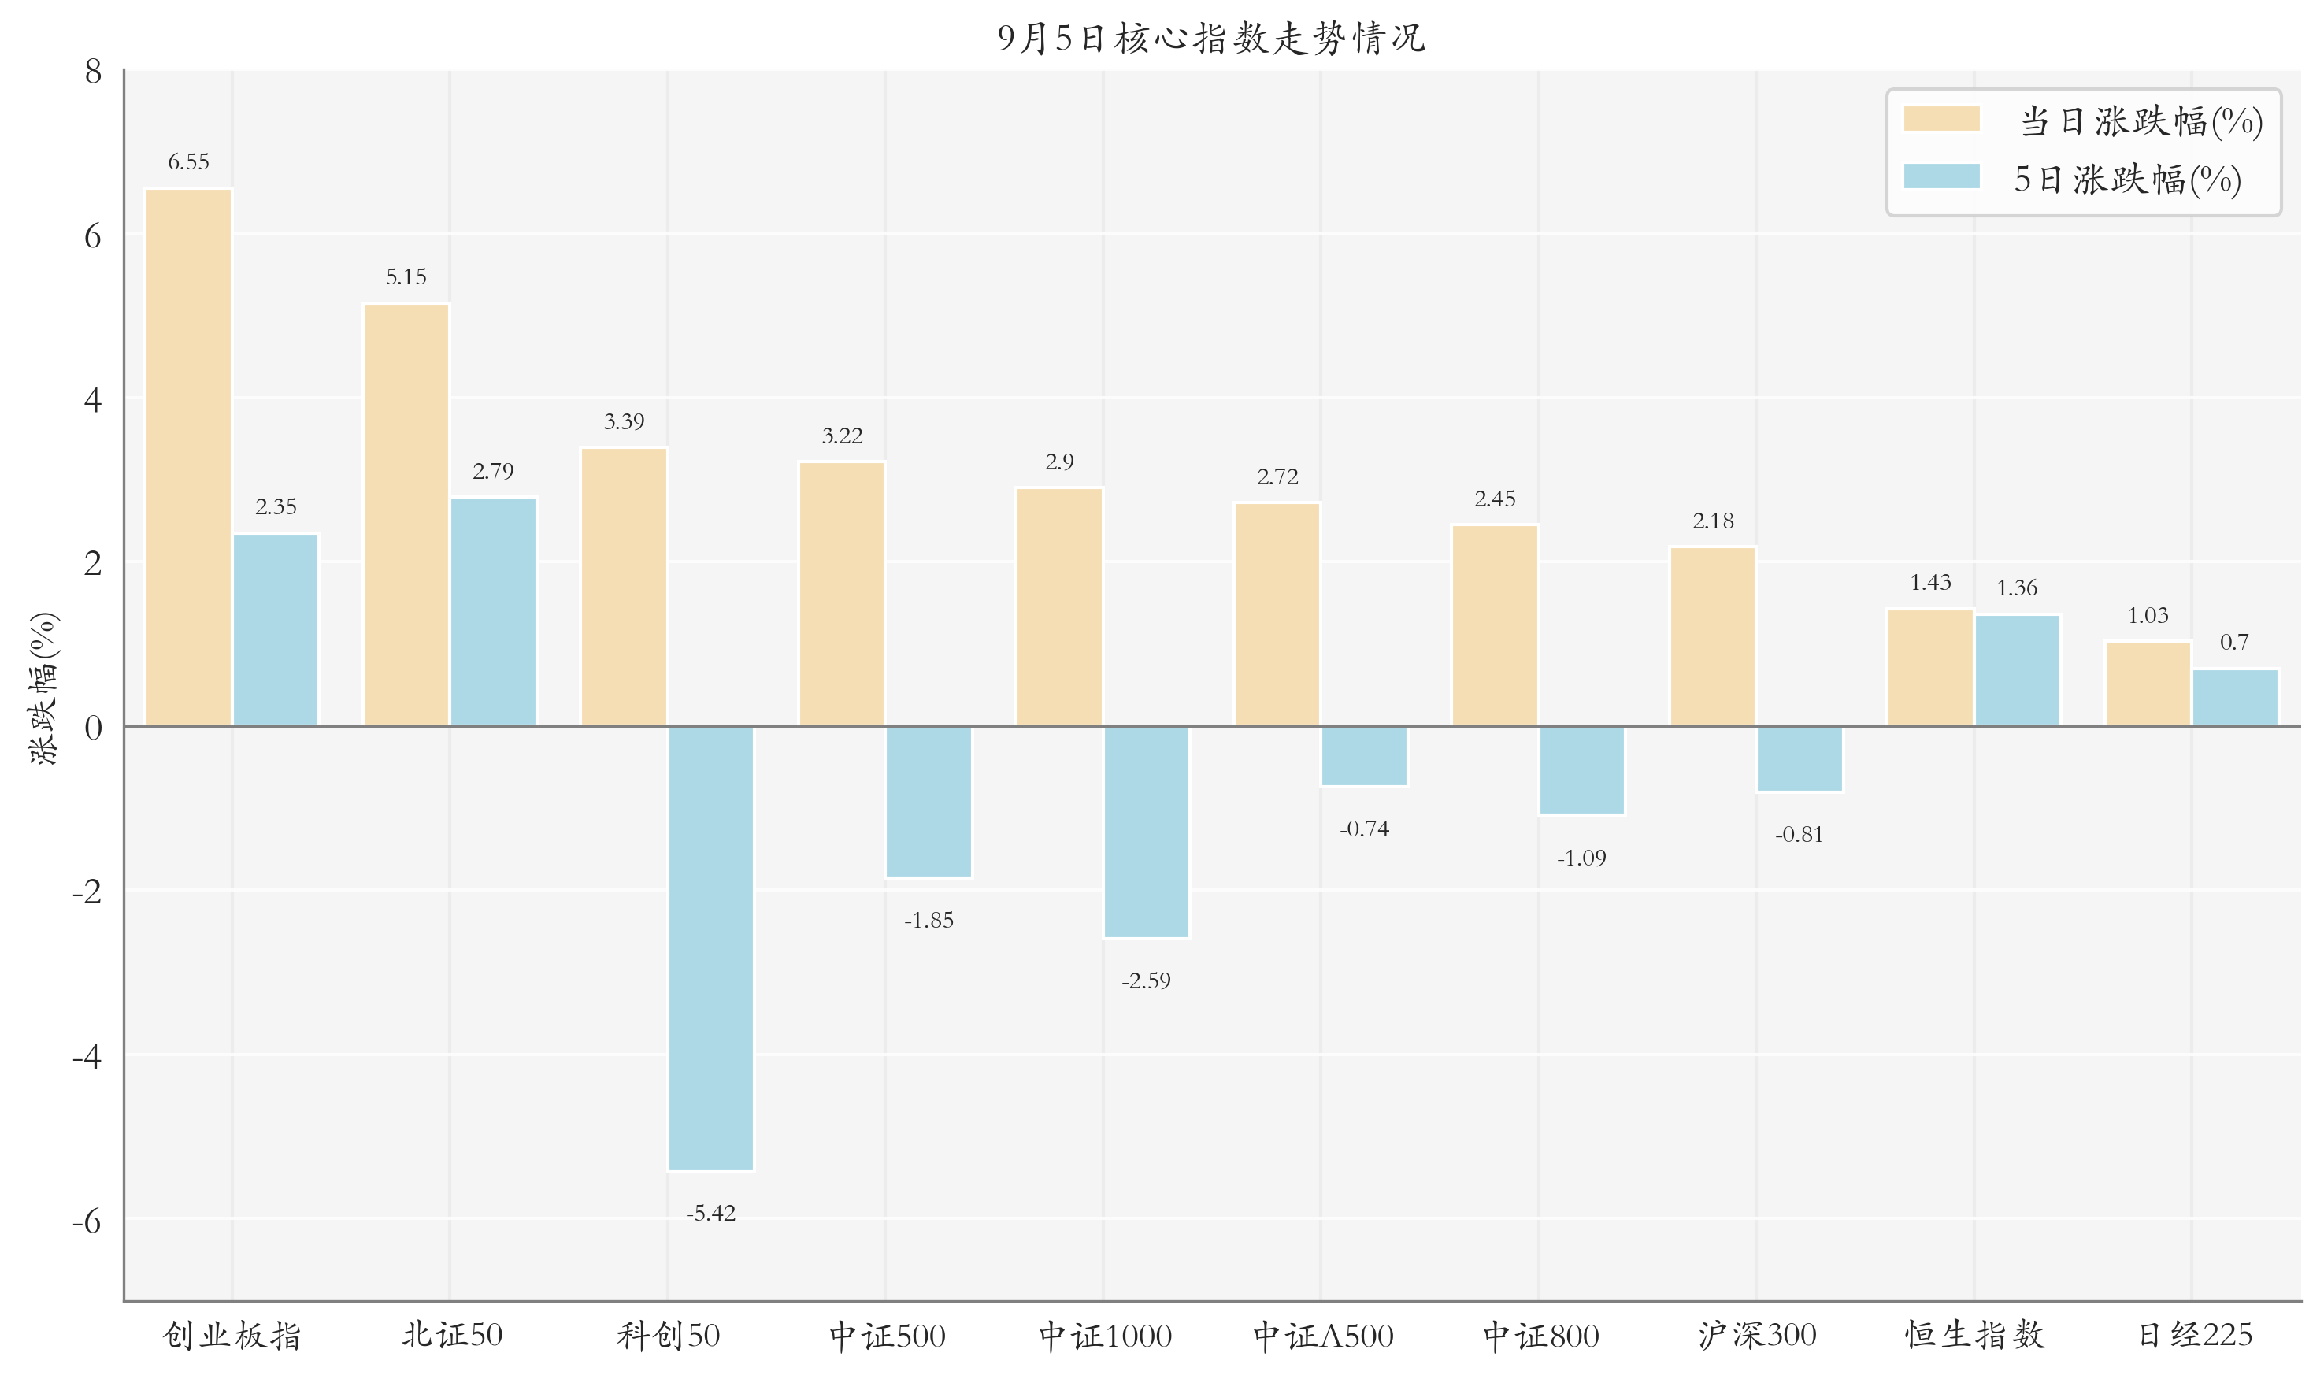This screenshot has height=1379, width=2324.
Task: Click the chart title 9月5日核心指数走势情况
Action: point(1210,38)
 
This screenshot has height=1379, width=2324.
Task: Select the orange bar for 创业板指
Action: point(189,458)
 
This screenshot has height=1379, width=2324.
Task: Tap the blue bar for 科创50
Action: point(711,948)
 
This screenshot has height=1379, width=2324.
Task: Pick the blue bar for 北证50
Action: point(494,611)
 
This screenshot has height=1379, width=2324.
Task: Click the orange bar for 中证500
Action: point(842,594)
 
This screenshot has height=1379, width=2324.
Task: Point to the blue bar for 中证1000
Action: point(1146,832)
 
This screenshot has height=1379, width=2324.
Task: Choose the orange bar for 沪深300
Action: point(1713,636)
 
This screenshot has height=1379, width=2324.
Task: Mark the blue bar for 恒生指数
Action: point(2018,670)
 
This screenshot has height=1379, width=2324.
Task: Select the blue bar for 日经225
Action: point(2235,697)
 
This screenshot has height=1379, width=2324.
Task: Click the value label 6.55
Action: point(189,162)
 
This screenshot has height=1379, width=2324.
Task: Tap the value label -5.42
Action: point(711,1214)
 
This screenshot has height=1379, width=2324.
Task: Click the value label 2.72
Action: point(1277,477)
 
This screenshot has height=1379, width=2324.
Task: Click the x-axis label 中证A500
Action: point(1323,1336)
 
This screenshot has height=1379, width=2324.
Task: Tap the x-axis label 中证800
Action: point(1540,1336)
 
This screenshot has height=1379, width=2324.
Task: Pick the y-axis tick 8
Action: point(93,72)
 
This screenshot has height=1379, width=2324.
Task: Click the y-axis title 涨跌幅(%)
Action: point(45,688)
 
